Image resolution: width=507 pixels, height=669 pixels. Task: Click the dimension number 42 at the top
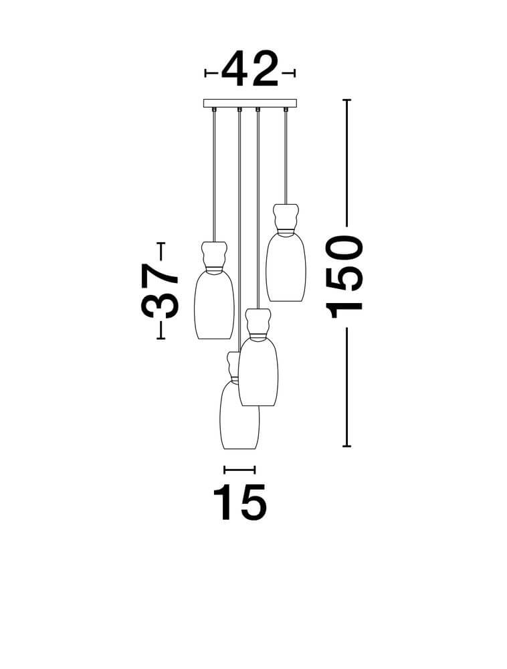[249, 69]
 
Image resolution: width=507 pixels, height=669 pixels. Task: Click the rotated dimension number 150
[344, 277]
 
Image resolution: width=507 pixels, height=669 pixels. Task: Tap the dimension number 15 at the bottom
[239, 502]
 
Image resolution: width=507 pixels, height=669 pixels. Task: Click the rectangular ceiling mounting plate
[250, 103]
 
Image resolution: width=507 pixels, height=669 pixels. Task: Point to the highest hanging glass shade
[286, 268]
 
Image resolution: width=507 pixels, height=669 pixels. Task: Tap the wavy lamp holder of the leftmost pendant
[214, 255]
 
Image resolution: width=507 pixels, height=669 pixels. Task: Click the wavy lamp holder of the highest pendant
[286, 218]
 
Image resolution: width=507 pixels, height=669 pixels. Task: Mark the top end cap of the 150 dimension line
[346, 100]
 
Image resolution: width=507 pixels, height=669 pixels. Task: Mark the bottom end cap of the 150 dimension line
[346, 446]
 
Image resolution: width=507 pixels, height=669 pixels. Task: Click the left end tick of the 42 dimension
[205, 74]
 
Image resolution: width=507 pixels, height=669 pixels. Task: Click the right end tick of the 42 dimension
[294, 74]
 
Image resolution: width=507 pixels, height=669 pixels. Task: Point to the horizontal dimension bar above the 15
[239, 470]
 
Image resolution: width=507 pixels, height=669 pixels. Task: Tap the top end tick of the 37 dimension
[161, 244]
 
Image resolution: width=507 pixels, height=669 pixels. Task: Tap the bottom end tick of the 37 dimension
[161, 339]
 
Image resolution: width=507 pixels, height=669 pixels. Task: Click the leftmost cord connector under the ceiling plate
[214, 110]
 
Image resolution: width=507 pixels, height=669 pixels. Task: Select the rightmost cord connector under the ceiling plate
[286, 110]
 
